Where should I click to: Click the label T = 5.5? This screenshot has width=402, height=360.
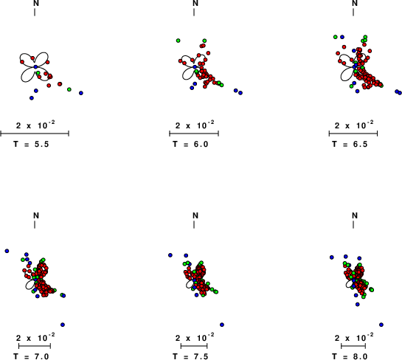31,144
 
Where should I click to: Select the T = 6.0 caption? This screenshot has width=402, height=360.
190,144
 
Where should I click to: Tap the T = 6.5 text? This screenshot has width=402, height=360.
350,144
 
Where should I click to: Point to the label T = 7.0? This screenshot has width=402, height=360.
31,356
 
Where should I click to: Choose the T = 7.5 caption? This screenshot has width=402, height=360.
190,356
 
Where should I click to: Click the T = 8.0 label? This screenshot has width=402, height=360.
350,356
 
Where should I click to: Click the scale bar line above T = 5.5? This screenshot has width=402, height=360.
35,134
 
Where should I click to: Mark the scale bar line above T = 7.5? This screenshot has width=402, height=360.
194,346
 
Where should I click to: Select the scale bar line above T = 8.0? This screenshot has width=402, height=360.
353,346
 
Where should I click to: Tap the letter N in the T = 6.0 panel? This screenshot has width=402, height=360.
195,3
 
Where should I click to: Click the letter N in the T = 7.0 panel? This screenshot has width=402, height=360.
36,215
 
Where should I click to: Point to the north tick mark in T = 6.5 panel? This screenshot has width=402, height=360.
353,12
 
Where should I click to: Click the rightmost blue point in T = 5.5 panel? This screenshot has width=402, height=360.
81,93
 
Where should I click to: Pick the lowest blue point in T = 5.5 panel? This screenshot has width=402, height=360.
32,98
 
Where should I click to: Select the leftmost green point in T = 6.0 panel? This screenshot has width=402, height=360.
179,41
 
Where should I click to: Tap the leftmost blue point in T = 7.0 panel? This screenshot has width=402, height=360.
7,251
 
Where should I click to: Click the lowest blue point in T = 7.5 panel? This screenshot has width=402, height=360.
222,325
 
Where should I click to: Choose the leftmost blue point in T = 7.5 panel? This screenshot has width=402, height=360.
170,255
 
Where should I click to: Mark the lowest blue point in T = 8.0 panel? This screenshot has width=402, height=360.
381,325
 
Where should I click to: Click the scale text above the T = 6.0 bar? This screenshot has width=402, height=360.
195,125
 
